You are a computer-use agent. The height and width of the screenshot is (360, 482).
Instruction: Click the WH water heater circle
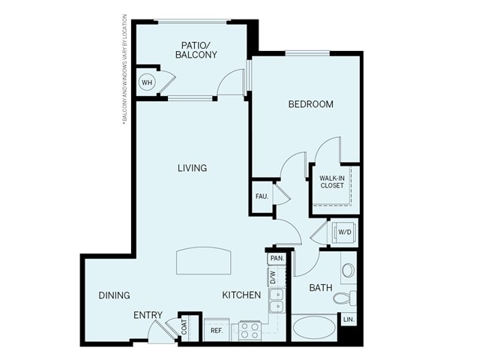coord(148,81)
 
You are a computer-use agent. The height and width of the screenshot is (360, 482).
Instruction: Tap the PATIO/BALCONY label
coord(196,49)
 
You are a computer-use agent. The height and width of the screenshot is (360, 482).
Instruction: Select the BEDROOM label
coord(310,104)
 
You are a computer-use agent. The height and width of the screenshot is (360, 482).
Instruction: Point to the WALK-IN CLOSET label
coord(332,181)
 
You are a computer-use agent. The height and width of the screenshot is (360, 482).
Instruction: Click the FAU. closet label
coord(262,196)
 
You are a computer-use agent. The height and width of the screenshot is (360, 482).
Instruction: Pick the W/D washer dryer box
coord(344,232)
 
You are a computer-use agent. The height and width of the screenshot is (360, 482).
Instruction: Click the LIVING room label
coord(192,168)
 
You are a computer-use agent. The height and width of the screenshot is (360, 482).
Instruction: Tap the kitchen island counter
coord(202,262)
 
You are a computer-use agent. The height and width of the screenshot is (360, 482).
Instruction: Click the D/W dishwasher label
coord(274,276)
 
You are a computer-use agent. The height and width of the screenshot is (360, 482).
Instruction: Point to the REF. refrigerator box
coord(217,329)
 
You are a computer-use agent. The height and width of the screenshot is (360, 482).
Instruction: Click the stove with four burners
coord(250,329)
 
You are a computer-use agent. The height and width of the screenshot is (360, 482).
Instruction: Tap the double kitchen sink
coord(276,300)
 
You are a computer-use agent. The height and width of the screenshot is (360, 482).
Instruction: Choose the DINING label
coord(114,295)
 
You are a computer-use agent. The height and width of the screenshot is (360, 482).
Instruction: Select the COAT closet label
coord(183,327)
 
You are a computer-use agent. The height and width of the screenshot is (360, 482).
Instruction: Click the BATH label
coord(320,287)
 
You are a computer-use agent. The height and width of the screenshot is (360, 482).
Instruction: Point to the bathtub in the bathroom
coord(315,328)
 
